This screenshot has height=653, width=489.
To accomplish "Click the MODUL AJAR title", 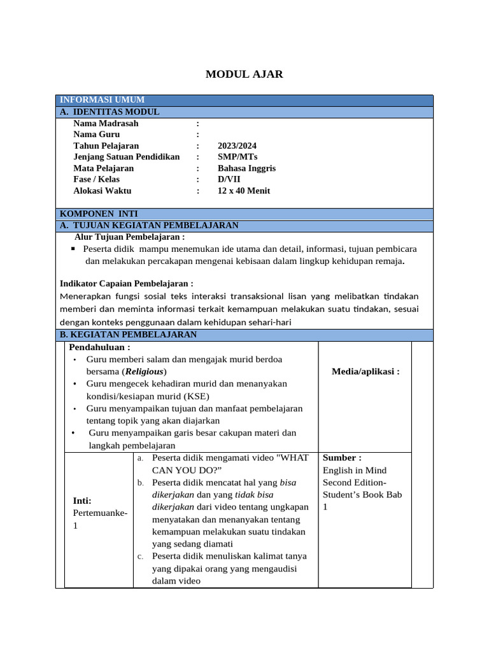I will click(x=244, y=75).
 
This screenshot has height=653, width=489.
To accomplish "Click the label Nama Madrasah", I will click(x=106, y=124).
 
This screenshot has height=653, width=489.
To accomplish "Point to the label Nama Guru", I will click(x=96, y=135).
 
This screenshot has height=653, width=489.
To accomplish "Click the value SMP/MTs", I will click(x=237, y=157).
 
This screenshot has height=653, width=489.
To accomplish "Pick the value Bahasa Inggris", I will click(x=246, y=168).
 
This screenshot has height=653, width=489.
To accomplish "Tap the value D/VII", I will click(x=229, y=179).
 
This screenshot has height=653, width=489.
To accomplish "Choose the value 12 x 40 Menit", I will click(x=244, y=191).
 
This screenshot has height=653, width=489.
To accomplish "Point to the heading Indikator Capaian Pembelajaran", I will click(x=126, y=283).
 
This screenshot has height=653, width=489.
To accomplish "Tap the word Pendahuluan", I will click(x=99, y=348).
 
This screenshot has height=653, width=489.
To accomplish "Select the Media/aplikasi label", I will click(x=365, y=372).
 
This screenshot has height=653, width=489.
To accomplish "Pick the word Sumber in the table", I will click(x=341, y=458).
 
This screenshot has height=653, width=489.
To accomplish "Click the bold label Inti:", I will click(x=82, y=501).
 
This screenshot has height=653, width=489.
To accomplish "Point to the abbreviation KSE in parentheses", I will click(x=197, y=395).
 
